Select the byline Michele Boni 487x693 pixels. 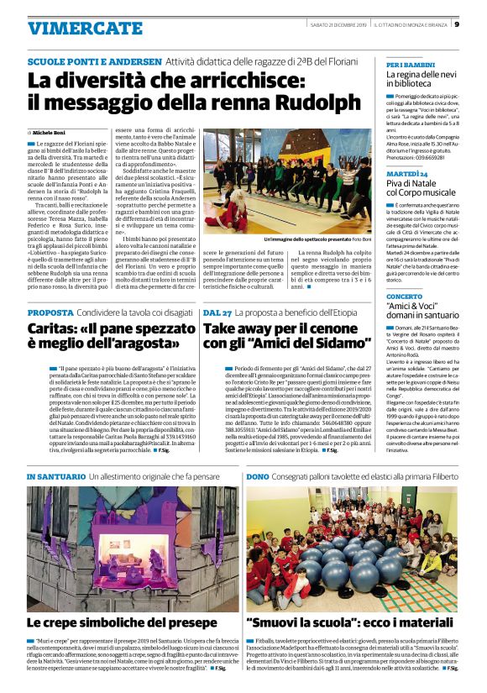[x=51, y=133]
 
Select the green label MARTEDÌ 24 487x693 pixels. [x=406, y=173]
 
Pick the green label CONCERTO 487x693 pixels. [x=404, y=297]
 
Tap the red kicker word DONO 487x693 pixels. [x=258, y=476]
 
